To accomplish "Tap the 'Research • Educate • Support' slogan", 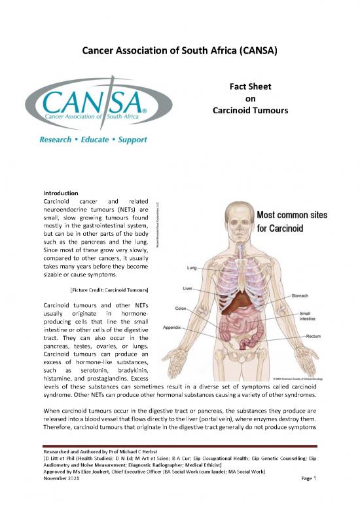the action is (93, 140).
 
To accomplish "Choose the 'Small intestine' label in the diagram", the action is (319, 318).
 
